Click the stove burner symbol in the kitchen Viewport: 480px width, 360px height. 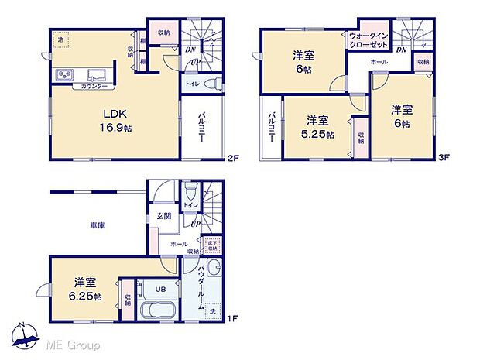click(64, 75)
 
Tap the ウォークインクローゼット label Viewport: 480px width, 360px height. click(368, 40)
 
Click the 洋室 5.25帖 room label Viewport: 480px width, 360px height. click(318, 126)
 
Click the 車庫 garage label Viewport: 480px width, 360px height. click(97, 225)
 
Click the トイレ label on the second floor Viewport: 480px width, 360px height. click(192, 84)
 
